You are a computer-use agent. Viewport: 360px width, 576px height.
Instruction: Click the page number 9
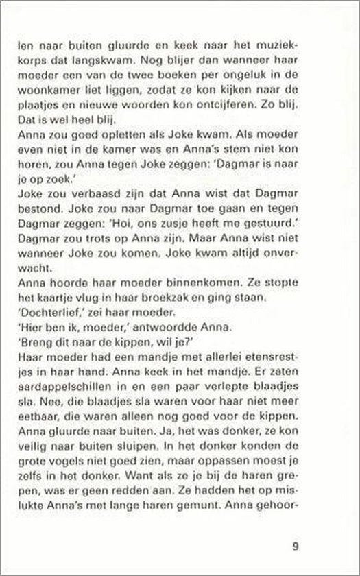point(294,546)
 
